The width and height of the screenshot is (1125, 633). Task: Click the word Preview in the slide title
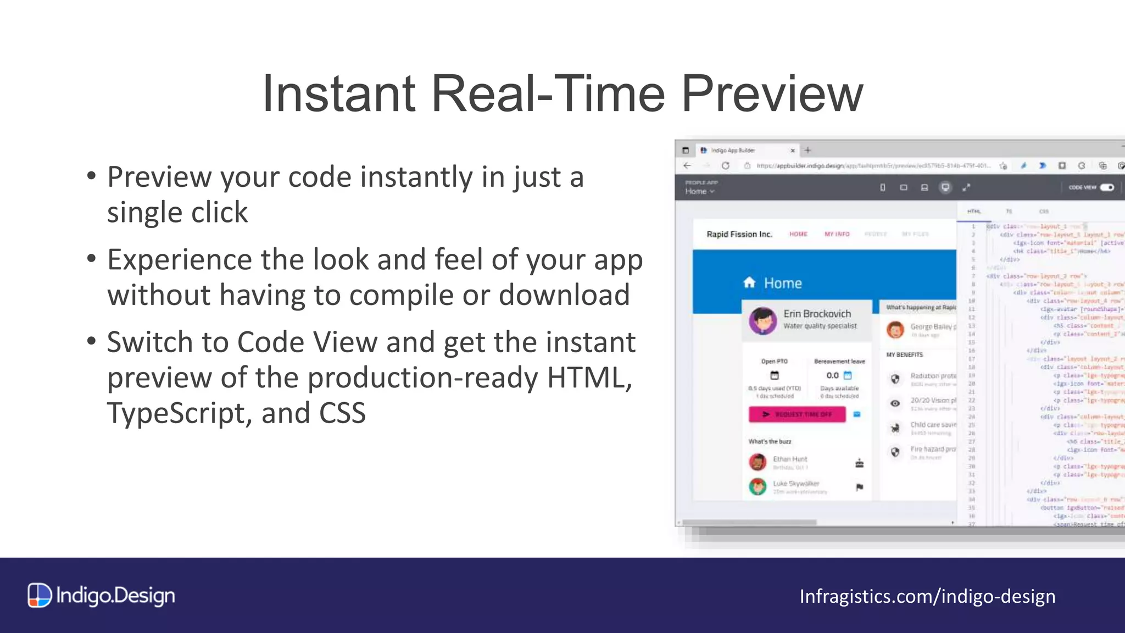click(x=772, y=95)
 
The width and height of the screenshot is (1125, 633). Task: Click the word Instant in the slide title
click(x=338, y=95)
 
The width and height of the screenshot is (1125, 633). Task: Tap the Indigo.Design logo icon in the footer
click(x=40, y=595)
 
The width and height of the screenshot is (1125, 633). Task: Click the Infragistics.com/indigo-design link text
click(x=927, y=596)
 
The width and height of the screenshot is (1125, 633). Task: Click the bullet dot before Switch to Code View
click(x=91, y=341)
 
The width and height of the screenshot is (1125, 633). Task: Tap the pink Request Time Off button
click(x=797, y=414)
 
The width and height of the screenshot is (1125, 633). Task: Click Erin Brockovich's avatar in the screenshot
click(x=763, y=320)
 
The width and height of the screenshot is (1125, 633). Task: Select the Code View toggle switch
click(x=1107, y=187)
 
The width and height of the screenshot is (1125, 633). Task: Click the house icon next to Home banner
click(x=749, y=283)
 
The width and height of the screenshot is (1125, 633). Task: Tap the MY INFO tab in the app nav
click(x=837, y=234)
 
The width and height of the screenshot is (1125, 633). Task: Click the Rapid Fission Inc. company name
click(x=739, y=234)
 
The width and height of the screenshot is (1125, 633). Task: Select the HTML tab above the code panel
click(x=974, y=212)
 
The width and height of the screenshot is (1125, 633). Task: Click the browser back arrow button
click(x=687, y=165)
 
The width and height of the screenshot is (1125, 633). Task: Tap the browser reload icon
click(x=725, y=165)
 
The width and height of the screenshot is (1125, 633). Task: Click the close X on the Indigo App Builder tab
click(x=793, y=151)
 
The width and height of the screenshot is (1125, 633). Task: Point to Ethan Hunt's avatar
click(x=758, y=462)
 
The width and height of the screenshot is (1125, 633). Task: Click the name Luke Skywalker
click(x=796, y=484)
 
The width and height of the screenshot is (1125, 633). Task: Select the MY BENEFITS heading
click(x=905, y=355)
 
